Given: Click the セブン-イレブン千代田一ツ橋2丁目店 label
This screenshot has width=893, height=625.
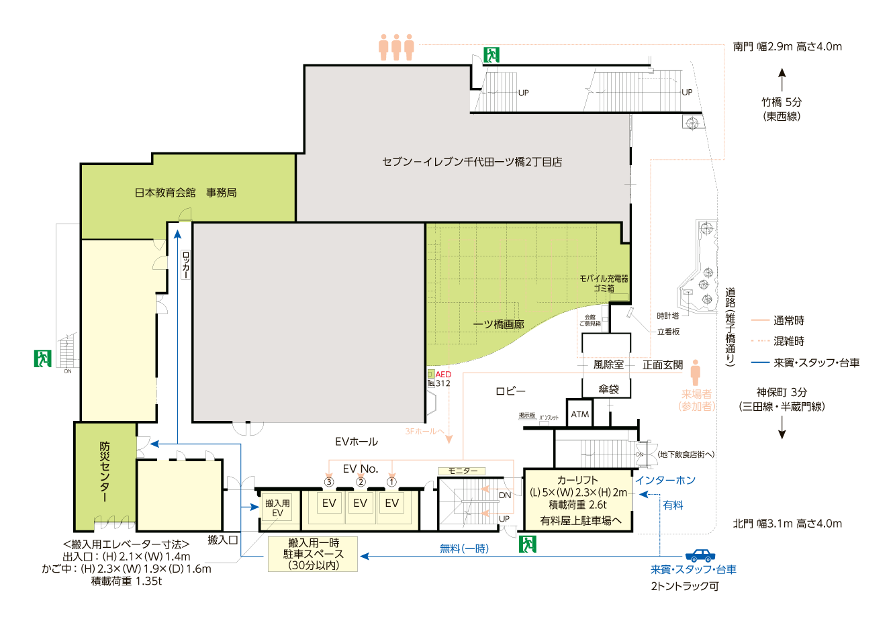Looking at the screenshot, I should click(x=472, y=162).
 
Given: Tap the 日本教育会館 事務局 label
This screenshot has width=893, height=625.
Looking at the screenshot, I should click(x=185, y=193).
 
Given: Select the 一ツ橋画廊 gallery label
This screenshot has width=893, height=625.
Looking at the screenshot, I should click(x=498, y=324).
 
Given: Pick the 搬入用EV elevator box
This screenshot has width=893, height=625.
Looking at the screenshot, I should click(x=277, y=508).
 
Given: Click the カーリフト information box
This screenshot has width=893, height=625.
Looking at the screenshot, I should click(x=577, y=499).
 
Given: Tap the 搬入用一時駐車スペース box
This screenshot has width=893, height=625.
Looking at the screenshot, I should click(x=313, y=554).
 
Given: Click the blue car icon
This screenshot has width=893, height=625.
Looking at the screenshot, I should click(x=700, y=555).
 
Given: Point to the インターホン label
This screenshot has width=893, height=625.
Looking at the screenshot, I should click(x=665, y=481).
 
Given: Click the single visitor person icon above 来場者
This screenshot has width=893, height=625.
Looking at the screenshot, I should click(x=696, y=372).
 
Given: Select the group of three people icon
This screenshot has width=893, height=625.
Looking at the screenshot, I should click(x=396, y=47).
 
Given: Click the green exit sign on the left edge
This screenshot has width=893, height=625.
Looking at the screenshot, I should click(x=42, y=358).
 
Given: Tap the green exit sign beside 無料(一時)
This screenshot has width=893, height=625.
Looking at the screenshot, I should click(x=528, y=544).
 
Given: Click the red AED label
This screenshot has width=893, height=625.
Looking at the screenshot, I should click(x=443, y=375).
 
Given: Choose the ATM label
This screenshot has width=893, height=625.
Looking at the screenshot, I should click(x=580, y=415).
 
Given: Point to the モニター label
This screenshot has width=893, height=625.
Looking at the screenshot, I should click(x=463, y=471).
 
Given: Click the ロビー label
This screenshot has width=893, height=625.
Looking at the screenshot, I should click(x=510, y=391).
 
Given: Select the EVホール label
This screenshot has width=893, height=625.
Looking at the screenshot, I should click(x=356, y=442).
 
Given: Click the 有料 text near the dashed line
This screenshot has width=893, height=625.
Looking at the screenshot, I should click(x=673, y=505).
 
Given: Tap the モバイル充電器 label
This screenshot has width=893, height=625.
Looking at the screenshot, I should click(x=604, y=278).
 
